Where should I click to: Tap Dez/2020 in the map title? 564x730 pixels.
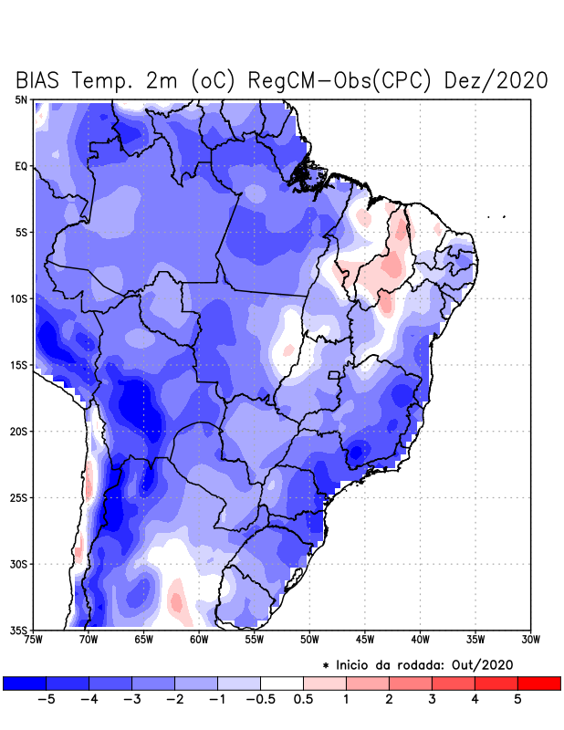click(496, 80)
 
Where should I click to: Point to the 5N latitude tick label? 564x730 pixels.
click(21, 99)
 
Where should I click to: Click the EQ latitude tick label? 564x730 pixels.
click(21, 166)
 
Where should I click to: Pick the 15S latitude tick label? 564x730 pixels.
click(18, 365)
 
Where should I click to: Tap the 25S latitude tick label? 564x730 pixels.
click(18, 497)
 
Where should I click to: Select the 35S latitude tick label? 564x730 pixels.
click(18, 630)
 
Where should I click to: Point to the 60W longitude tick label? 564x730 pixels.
click(198, 640)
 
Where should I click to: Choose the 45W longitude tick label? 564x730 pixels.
click(364, 640)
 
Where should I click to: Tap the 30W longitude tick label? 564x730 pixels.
click(530, 640)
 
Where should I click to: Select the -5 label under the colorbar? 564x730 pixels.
click(46, 699)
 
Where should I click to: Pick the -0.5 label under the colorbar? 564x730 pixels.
click(259, 699)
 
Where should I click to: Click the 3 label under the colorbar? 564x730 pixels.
click(432, 699)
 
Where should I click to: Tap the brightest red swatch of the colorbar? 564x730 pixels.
click(538, 683)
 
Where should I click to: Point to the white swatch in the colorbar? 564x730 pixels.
click(281, 683)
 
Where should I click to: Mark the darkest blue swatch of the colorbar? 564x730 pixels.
click(25, 683)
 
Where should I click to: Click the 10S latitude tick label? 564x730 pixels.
click(18, 298)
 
